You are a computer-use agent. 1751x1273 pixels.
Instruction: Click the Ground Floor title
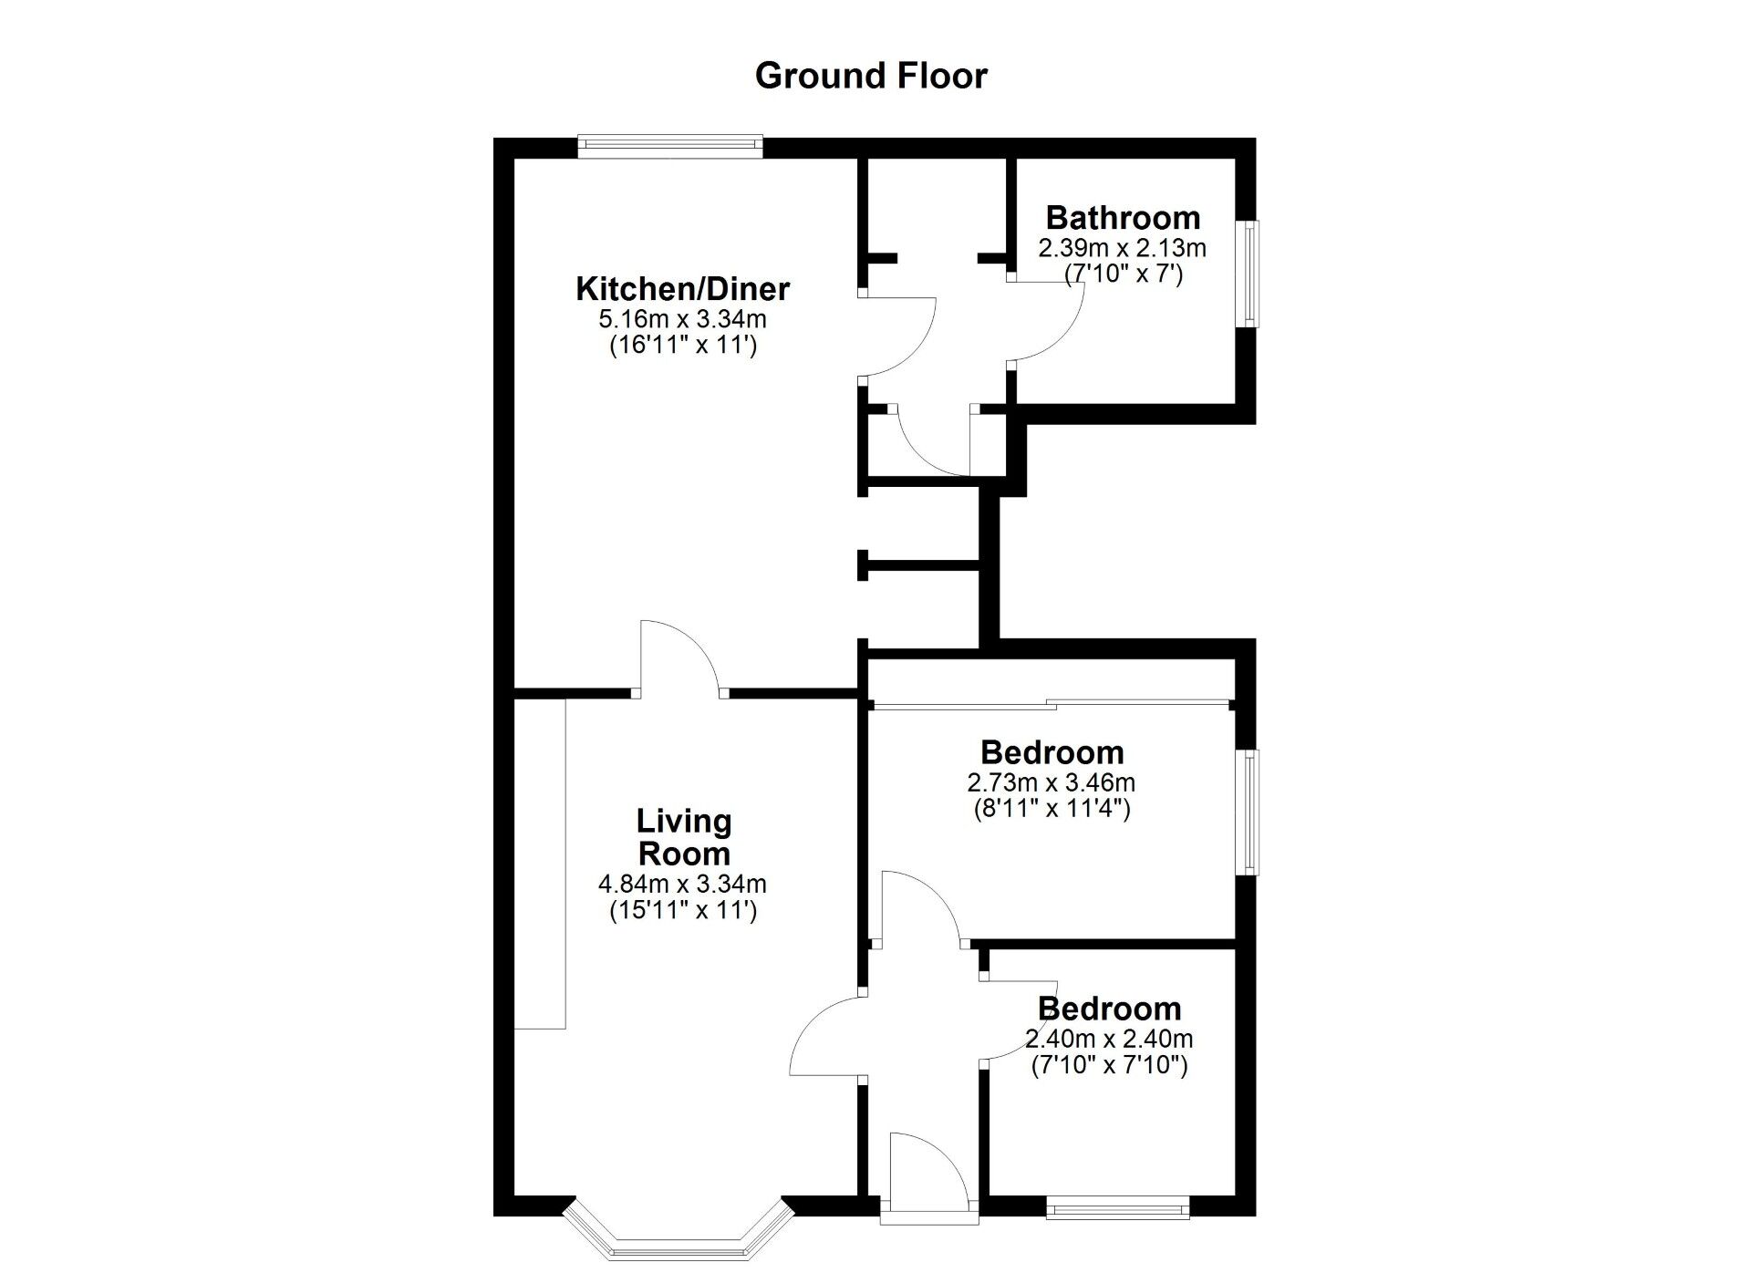(871, 76)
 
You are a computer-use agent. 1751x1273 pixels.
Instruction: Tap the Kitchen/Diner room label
(682, 289)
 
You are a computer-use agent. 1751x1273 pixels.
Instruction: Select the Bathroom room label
(1123, 218)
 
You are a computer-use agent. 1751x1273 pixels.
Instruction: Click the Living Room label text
(684, 837)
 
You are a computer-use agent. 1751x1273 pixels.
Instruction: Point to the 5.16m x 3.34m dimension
(682, 319)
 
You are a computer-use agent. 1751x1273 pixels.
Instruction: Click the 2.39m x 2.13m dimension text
(1123, 247)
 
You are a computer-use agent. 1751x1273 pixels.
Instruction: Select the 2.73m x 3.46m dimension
(1052, 782)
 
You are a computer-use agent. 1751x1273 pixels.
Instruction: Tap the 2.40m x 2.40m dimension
(1109, 1039)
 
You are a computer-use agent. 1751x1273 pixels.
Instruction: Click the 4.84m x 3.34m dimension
(682, 884)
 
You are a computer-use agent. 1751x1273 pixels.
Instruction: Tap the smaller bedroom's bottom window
(1118, 1210)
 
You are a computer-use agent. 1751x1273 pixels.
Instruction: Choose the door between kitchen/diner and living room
(679, 657)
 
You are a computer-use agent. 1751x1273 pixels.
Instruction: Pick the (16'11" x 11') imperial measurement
(682, 346)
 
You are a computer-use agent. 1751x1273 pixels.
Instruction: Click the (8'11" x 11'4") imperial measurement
(1052, 809)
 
